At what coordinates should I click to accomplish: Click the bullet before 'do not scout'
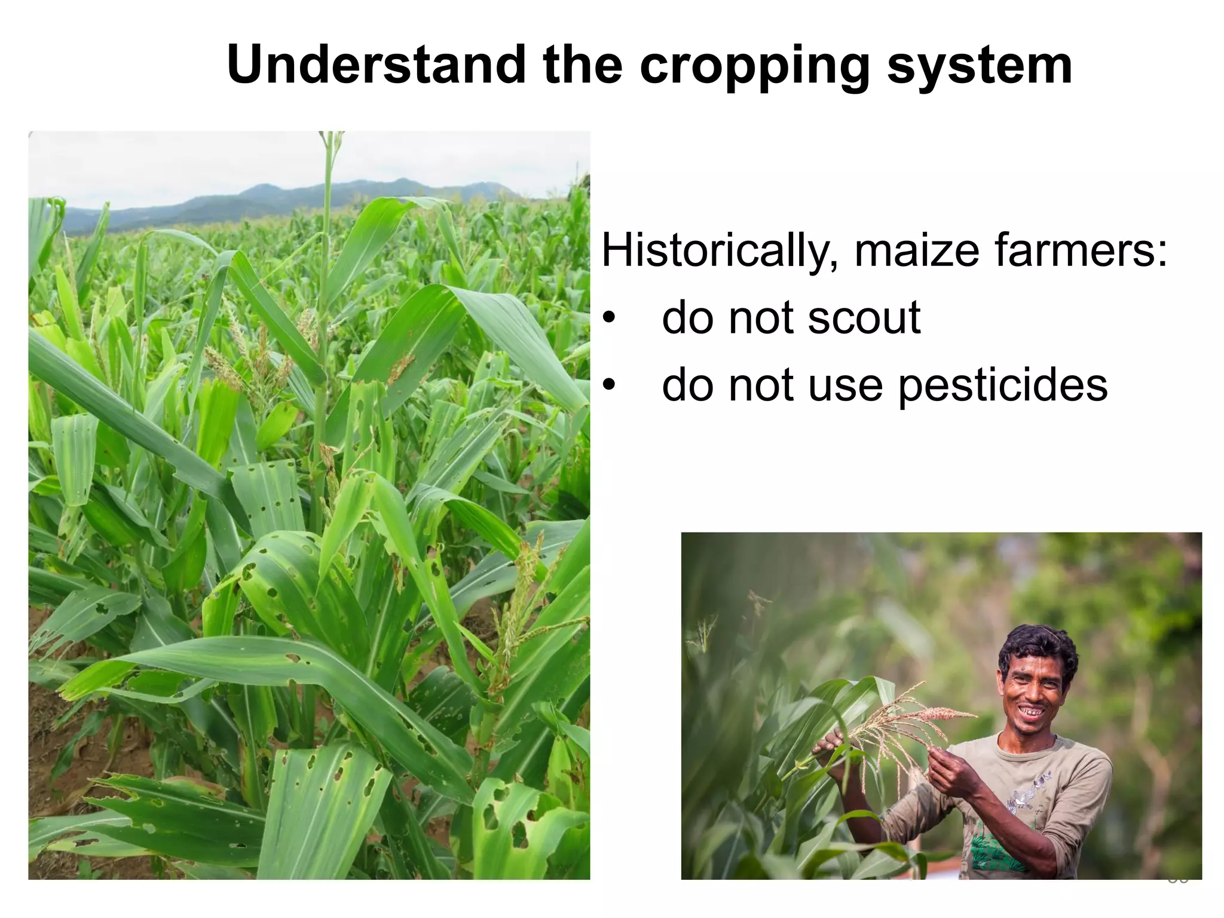608,317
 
